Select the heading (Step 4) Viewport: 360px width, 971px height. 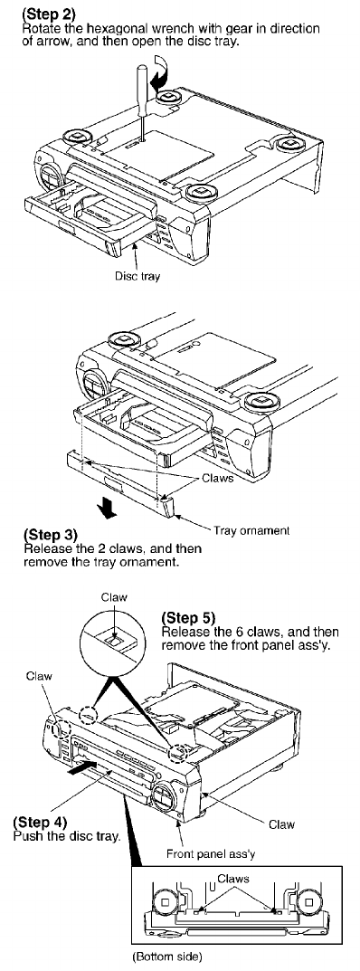pyautogui.click(x=40, y=823)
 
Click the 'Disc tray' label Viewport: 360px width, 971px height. pyautogui.click(x=137, y=276)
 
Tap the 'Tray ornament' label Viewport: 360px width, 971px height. pyautogui.click(x=251, y=530)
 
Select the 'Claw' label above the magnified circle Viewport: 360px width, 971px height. pyautogui.click(x=115, y=597)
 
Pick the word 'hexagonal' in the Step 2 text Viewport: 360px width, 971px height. pyautogui.click(x=107, y=29)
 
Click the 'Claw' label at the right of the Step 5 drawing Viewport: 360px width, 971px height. pyautogui.click(x=282, y=824)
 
